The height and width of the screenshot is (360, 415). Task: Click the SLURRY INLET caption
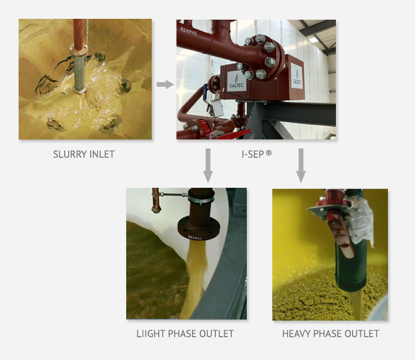tap(84, 154)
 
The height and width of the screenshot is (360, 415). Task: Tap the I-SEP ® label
tap(256, 154)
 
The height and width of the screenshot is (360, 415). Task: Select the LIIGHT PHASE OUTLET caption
tap(185, 334)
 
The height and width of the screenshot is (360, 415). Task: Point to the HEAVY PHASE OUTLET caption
tap(330, 334)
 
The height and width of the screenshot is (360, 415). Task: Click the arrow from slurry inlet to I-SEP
tap(165, 85)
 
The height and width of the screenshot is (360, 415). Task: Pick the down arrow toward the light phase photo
tap(208, 166)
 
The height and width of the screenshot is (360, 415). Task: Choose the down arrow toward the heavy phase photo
tap(301, 166)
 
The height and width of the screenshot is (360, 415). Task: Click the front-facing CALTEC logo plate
tap(237, 81)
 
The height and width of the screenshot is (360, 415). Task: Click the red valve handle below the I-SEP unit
tap(233, 135)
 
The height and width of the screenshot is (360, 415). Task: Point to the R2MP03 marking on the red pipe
tap(189, 31)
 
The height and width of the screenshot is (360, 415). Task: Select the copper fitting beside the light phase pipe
tap(155, 200)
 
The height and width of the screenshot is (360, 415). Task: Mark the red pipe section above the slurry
tap(79, 34)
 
